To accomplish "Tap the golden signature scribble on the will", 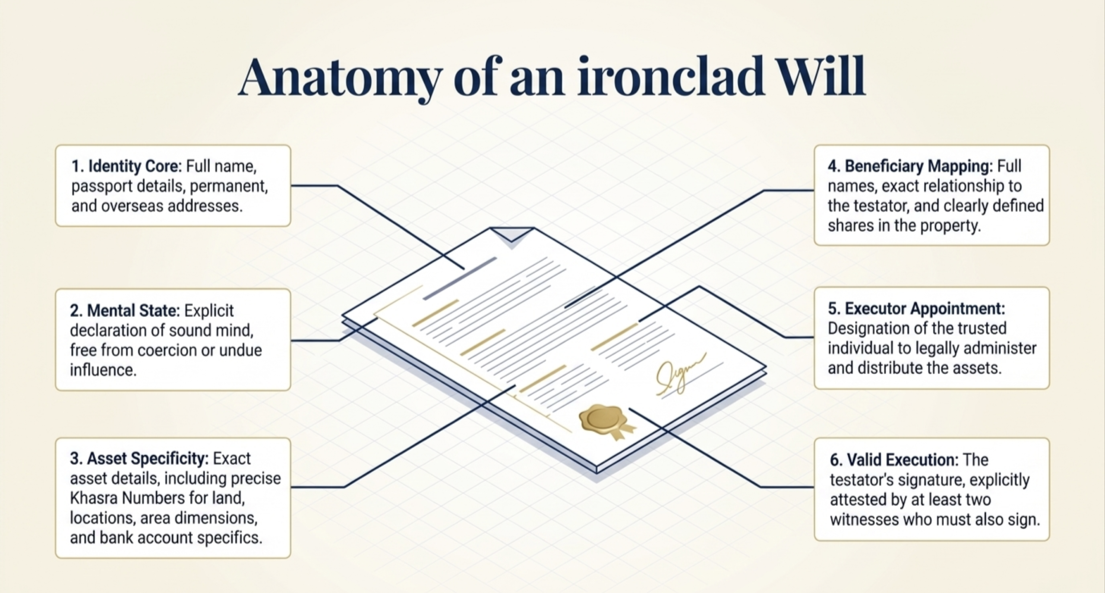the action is [680, 374].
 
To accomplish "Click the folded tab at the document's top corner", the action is [511, 235].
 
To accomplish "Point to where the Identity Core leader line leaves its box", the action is [291, 186].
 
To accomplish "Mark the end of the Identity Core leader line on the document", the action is [464, 269].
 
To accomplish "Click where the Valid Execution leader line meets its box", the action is [814, 487].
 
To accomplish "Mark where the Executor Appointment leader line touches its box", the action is [814, 337].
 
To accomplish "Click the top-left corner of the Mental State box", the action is [56, 289].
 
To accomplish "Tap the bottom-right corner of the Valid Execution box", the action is [1049, 540].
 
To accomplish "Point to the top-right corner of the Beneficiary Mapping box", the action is [1049, 146].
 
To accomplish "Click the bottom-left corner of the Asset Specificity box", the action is [56, 558].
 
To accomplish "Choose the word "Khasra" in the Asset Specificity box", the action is [94, 498].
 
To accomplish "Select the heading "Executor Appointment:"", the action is [916, 308].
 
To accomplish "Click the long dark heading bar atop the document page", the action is [460, 279].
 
